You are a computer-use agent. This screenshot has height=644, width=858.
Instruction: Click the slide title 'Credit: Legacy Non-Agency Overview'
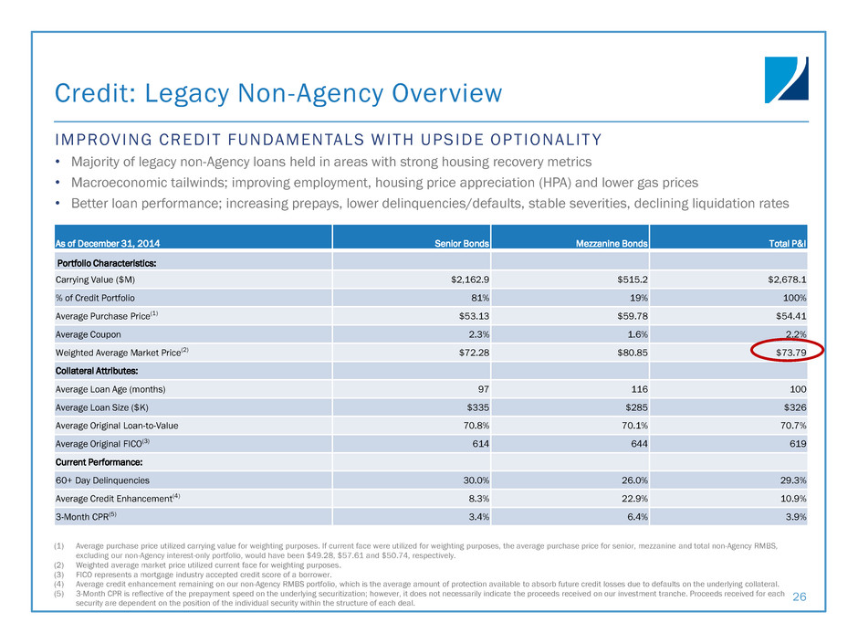(x=278, y=93)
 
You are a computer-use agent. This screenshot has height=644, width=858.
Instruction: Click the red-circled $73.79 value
(x=786, y=351)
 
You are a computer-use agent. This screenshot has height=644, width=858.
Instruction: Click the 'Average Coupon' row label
(x=89, y=334)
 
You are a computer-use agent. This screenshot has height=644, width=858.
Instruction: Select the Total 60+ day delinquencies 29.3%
(x=792, y=480)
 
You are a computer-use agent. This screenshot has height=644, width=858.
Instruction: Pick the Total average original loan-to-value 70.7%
(x=792, y=426)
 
